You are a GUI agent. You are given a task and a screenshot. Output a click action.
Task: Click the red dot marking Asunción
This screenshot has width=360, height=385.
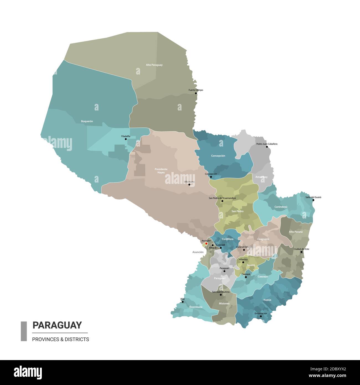(206, 244)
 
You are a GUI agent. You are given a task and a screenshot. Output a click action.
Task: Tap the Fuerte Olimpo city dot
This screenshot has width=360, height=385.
(196, 93)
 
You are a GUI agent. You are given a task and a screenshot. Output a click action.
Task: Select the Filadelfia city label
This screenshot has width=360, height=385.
(126, 136)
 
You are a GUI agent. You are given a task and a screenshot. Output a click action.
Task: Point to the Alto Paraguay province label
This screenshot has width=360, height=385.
(154, 65)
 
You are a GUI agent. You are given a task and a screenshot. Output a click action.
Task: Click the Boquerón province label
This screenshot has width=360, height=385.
(87, 121)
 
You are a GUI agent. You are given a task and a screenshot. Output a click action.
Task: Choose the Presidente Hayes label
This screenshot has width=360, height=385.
(161, 171)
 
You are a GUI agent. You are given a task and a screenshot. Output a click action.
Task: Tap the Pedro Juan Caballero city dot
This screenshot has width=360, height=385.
(267, 147)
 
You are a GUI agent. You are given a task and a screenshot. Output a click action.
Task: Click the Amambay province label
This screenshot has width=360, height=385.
(261, 177)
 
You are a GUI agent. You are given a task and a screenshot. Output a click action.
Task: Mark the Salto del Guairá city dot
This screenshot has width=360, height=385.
(313, 200)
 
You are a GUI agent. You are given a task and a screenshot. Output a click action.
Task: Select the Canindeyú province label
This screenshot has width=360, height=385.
(281, 207)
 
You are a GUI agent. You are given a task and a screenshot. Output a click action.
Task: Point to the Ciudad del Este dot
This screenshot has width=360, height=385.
(302, 252)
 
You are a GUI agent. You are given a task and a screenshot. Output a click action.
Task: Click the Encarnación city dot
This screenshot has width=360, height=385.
(261, 316)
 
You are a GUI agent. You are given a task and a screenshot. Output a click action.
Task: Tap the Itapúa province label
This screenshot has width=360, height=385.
(267, 300)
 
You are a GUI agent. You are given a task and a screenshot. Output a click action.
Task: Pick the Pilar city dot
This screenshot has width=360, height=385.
(182, 302)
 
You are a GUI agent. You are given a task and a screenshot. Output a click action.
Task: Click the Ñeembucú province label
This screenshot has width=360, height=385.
(196, 307)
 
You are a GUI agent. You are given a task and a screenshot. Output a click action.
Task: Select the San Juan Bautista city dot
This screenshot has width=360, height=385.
(221, 295)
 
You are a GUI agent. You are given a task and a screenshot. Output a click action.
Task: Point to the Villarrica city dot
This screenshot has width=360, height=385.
(243, 262)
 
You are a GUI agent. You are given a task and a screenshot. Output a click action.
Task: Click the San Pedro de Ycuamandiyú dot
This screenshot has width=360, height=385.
(222, 201)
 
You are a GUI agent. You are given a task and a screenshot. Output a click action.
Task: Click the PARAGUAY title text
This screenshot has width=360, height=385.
(57, 325)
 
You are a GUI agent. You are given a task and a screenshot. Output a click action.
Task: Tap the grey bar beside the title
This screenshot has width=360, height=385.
(24, 331)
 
